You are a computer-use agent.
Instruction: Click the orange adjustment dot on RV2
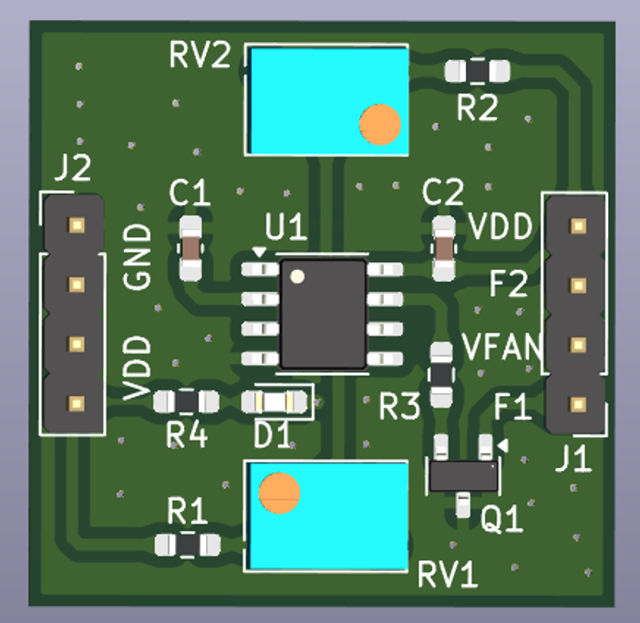pos(380,124)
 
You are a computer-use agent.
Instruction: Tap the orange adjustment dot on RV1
pos(279,493)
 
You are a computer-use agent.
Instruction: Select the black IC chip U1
pos(323,314)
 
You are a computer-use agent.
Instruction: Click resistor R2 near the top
pos(477,70)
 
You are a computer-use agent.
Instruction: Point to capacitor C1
pos(191,247)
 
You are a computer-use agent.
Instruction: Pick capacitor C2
pos(443,247)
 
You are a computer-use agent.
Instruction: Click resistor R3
pos(441,373)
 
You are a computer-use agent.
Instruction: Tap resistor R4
pos(186,401)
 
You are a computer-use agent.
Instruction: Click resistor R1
pos(188,545)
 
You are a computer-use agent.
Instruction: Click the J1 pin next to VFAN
pos(577,345)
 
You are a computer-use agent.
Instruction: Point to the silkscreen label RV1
pos(448,576)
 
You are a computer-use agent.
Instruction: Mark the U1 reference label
pos(285,226)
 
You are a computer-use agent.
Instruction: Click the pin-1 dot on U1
pos(296,275)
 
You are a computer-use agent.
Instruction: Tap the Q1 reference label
pos(501,520)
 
